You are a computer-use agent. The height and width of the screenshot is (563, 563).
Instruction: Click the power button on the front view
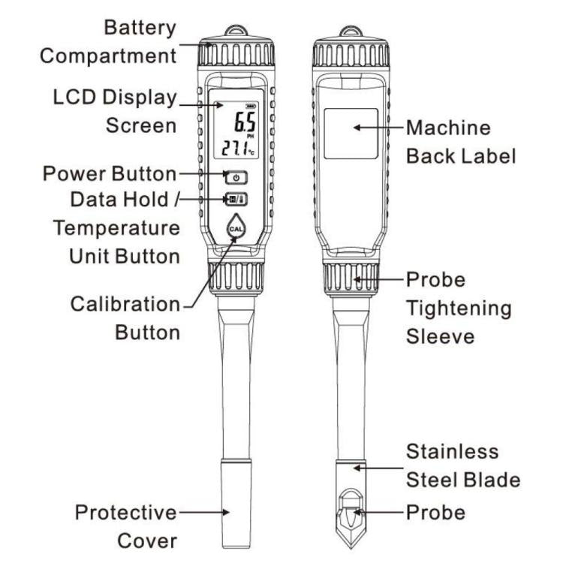[236, 178]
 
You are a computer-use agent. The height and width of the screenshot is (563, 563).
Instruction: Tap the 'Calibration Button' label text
[125, 318]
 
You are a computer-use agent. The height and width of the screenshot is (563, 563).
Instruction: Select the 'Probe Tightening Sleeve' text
[459, 308]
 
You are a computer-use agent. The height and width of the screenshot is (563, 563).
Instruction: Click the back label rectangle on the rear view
[351, 132]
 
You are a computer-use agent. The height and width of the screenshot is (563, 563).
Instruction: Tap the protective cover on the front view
[235, 511]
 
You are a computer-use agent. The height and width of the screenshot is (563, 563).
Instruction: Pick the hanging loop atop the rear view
[349, 32]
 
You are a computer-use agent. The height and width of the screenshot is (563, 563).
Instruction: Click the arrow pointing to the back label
[379, 128]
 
